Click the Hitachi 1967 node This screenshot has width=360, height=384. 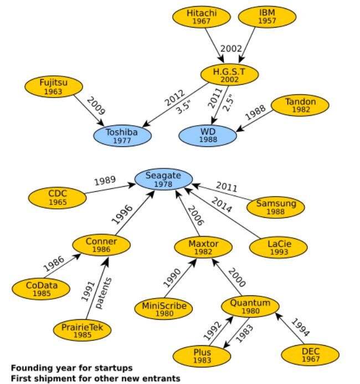(201, 17)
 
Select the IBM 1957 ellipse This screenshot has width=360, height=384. (266, 17)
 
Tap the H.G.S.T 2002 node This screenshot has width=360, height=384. (229, 75)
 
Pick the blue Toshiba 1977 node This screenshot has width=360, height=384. (122, 136)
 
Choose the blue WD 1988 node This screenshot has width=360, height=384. (208, 136)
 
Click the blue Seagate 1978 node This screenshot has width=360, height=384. (163, 180)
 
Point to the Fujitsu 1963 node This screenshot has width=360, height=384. (54, 87)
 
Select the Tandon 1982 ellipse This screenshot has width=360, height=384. (300, 105)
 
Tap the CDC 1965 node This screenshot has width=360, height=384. (57, 198)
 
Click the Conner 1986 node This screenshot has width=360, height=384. (101, 245)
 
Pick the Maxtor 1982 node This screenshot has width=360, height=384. (203, 247)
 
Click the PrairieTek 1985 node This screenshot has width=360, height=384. (82, 330)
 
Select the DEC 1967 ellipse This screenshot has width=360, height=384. (310, 355)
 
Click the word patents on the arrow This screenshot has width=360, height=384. (100, 293)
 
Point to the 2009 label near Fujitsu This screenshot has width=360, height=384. (95, 106)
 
